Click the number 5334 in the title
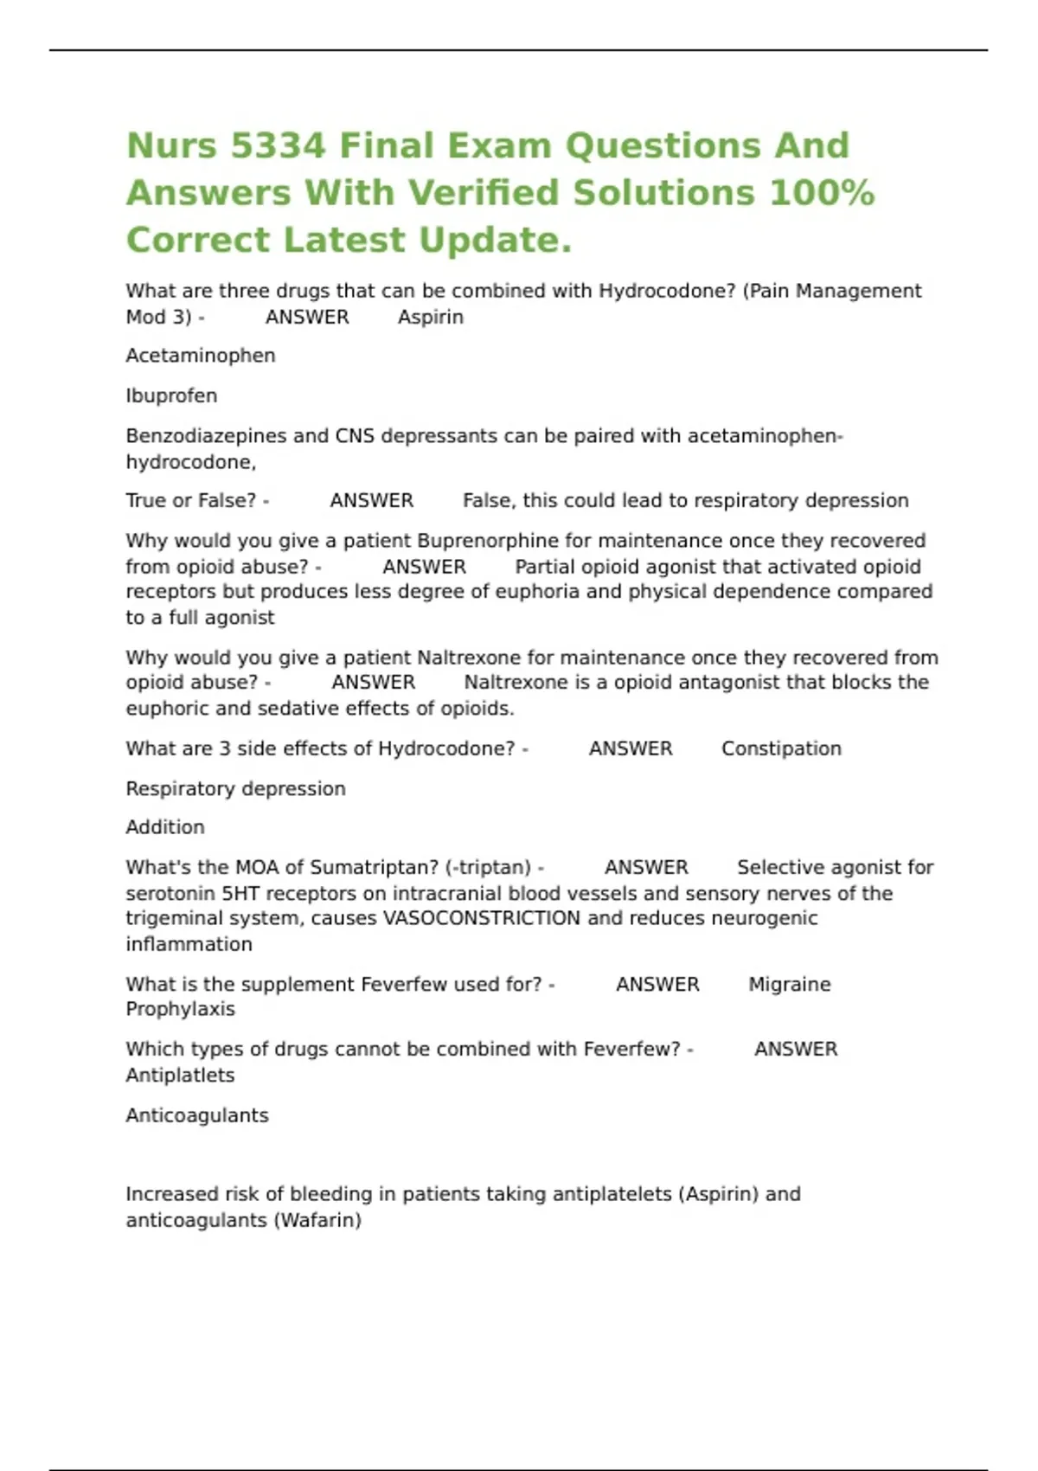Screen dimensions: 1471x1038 point(279,145)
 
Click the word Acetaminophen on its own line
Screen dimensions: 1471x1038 point(201,356)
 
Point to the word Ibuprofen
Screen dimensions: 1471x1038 point(171,395)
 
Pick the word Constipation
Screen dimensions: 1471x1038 point(781,748)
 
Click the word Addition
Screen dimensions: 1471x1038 point(165,827)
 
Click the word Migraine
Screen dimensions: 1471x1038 point(789,984)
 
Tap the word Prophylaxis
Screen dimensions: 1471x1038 point(180,1009)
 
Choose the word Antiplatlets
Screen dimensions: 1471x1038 point(180,1075)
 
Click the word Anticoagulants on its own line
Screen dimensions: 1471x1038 point(197,1115)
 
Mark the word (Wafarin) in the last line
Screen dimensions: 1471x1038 point(317,1220)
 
